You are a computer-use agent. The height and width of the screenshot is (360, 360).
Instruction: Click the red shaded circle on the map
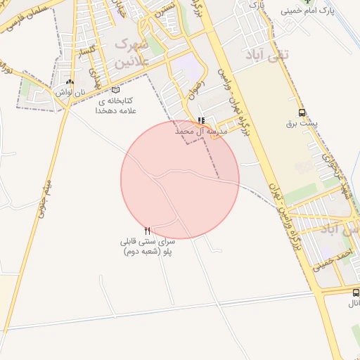tap(180, 180)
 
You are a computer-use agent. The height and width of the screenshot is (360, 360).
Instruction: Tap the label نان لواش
tap(72, 92)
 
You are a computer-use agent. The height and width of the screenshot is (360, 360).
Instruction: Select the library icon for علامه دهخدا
tap(116, 90)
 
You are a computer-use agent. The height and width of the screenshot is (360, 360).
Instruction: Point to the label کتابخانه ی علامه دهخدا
tap(117, 105)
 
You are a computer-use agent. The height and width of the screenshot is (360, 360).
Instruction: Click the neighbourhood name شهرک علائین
tap(128, 53)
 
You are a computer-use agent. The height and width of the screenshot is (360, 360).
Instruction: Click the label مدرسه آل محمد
tap(202, 131)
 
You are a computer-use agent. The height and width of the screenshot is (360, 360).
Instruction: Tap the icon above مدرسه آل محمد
tap(202, 120)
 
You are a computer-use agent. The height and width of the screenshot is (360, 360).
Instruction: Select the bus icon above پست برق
tap(302, 112)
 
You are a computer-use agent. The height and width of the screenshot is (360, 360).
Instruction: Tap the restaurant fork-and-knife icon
tap(147, 231)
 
